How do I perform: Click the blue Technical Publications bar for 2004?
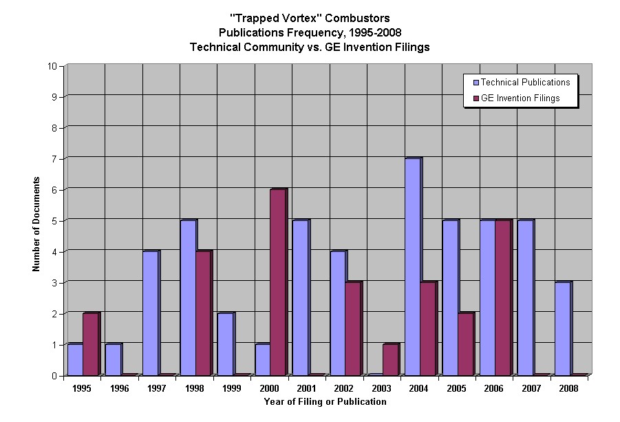(x=412, y=267)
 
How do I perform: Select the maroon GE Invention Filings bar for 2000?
(x=277, y=282)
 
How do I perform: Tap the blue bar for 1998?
(x=187, y=298)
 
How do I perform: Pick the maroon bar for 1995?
(x=90, y=344)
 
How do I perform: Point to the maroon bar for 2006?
(x=502, y=298)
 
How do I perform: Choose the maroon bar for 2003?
(x=390, y=359)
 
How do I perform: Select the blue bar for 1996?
(x=112, y=359)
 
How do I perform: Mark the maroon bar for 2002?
(x=352, y=329)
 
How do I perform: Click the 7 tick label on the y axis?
(x=54, y=159)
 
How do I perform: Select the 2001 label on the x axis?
(x=307, y=388)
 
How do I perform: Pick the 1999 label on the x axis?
(x=232, y=388)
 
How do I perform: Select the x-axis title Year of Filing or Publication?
(x=325, y=401)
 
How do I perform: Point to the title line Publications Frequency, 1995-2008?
(x=310, y=32)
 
